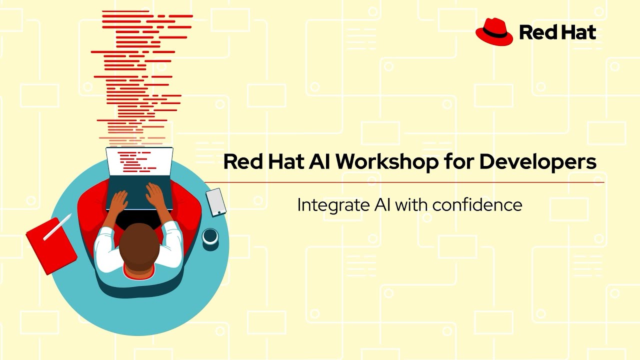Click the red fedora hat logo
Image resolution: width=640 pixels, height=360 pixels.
[494, 32]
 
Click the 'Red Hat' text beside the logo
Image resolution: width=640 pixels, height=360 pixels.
[557, 33]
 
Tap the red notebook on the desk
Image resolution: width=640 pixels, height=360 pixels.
[50, 245]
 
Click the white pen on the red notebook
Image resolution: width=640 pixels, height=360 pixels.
[57, 227]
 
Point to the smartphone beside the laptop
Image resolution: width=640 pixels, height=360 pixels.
[216, 201]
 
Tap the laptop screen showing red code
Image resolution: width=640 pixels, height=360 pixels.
[139, 162]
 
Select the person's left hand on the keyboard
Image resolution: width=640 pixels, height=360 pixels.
[118, 202]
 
